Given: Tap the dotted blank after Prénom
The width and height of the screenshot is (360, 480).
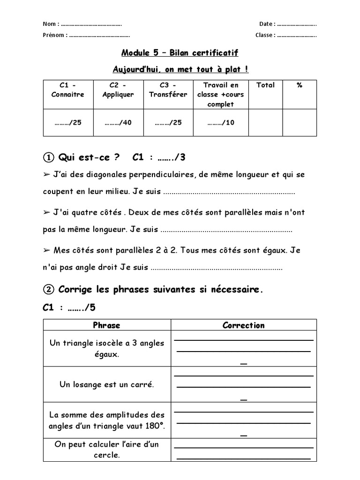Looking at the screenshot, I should (99, 35).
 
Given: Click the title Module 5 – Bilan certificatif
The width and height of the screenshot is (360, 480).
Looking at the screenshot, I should (180, 52).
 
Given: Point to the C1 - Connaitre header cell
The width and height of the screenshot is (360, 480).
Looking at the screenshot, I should (68, 90).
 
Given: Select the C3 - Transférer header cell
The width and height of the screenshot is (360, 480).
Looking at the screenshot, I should (168, 90).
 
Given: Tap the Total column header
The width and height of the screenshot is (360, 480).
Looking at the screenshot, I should (265, 85).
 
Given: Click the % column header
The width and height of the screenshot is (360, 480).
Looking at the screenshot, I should (300, 85).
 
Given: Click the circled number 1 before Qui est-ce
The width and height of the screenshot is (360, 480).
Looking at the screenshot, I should (49, 157).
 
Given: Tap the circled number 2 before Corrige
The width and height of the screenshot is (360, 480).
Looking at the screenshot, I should (49, 289).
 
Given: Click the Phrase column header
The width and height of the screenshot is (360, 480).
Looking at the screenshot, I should (107, 325).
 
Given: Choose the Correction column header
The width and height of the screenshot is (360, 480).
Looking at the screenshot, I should (243, 325).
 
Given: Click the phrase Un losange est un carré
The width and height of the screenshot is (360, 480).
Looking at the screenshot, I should (107, 384).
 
